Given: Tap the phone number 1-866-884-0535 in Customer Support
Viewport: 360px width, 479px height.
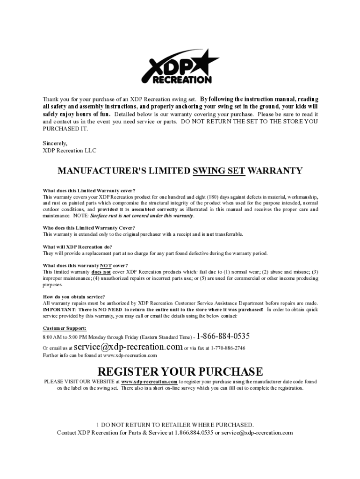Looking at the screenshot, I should coord(223,336).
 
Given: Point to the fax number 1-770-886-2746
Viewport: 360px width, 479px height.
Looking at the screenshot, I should coord(228,348).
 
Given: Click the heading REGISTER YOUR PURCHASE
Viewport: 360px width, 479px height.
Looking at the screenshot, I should coord(180,372).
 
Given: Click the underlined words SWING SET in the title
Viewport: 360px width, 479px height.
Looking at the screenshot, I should coord(219,171).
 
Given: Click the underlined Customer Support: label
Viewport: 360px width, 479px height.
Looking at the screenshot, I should coord(65,328).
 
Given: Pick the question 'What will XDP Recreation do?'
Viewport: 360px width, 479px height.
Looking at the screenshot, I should coord(78,247).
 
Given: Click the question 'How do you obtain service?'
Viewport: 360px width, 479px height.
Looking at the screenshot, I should coord(74,297).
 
